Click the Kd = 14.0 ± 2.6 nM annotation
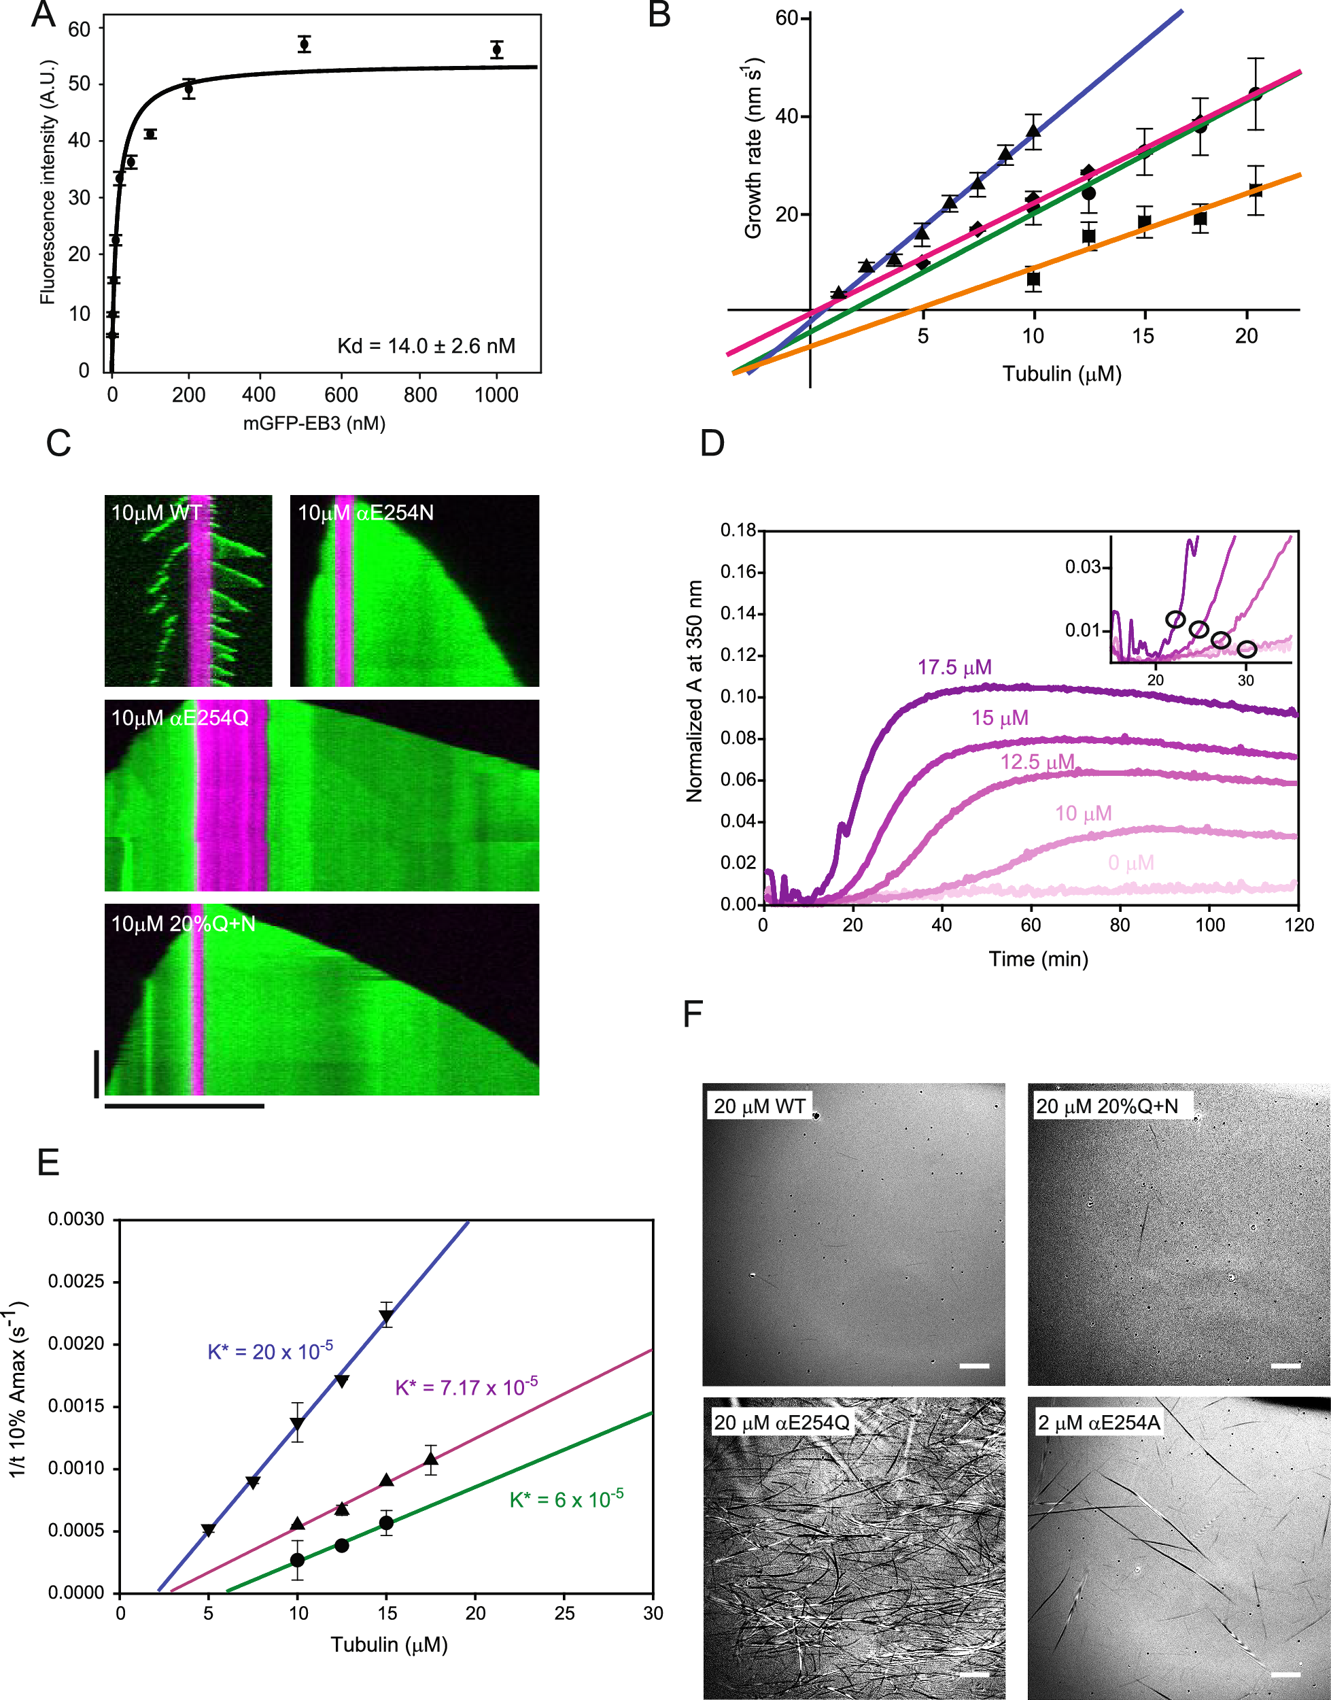pyautogui.click(x=426, y=346)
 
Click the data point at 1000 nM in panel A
pyautogui.click(x=496, y=50)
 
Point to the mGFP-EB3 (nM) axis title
pyautogui.click(x=314, y=423)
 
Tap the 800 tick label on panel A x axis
pyautogui.click(x=420, y=395)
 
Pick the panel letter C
pyautogui.click(x=58, y=443)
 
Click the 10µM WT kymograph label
pyautogui.click(x=156, y=513)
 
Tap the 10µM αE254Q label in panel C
pyautogui.click(x=180, y=718)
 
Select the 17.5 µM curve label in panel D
pyautogui.click(x=954, y=667)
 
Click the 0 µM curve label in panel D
pyautogui.click(x=1130, y=863)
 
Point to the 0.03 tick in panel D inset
pyautogui.click(x=1082, y=566)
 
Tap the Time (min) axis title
pyautogui.click(x=1038, y=959)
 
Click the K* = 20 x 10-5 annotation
pyautogui.click(x=270, y=1350)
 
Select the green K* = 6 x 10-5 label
pyautogui.click(x=566, y=1499)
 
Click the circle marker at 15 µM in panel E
pyautogui.click(x=385, y=1523)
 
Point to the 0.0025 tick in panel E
pyautogui.click(x=75, y=1281)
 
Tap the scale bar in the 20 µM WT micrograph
pyautogui.click(x=974, y=1365)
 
